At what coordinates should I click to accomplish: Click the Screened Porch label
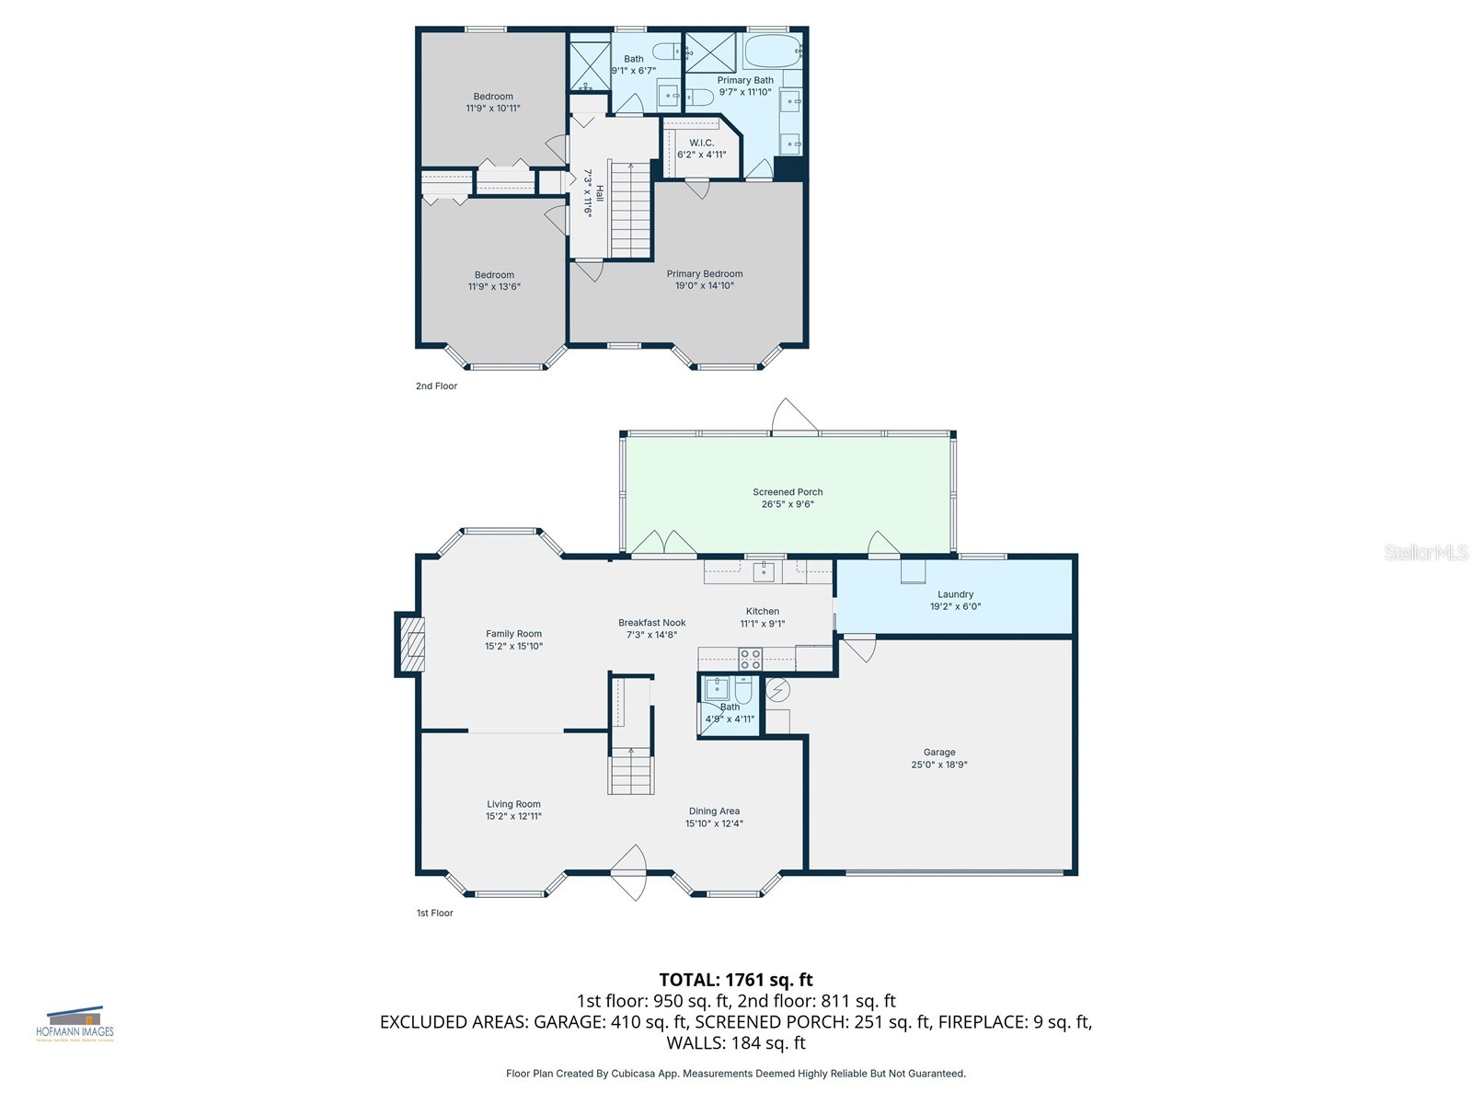(788, 492)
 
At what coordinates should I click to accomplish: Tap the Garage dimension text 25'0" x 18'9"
(939, 765)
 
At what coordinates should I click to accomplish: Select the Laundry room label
(955, 594)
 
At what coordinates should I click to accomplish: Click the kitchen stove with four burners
(751, 659)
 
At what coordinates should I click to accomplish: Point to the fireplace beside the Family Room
(411, 644)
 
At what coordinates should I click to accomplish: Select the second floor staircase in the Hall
(631, 212)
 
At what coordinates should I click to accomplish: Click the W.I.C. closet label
(701, 143)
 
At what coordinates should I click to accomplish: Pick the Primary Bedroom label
(704, 273)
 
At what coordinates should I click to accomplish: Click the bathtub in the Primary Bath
(772, 52)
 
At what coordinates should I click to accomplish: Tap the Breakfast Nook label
(651, 623)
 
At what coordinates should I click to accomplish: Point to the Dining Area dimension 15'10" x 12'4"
(714, 823)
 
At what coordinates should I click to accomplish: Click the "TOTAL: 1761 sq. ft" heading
(736, 980)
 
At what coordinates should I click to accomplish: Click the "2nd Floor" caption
(436, 386)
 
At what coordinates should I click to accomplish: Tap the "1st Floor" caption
(435, 914)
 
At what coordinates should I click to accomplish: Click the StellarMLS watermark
(1426, 552)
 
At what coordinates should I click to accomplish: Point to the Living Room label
(513, 804)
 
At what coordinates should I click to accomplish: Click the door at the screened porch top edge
(793, 419)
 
